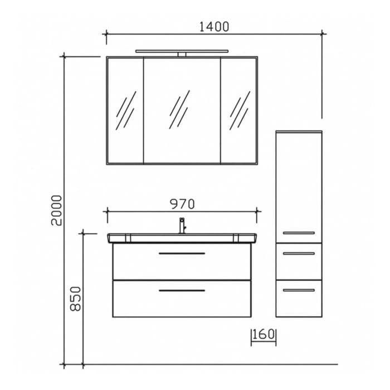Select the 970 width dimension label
tap(182, 204)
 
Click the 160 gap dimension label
tap(264, 335)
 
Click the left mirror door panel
tap(125, 110)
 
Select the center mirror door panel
tap(182, 110)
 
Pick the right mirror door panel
tap(239, 110)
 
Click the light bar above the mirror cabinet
tap(182, 52)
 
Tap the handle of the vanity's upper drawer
tap(182, 253)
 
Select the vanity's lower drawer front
tap(182, 301)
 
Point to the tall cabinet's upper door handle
tap(299, 232)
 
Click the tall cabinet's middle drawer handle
tap(299, 253)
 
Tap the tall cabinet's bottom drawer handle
tap(299, 290)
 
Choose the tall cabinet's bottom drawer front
tap(299, 301)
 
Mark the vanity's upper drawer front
tap(182, 265)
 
